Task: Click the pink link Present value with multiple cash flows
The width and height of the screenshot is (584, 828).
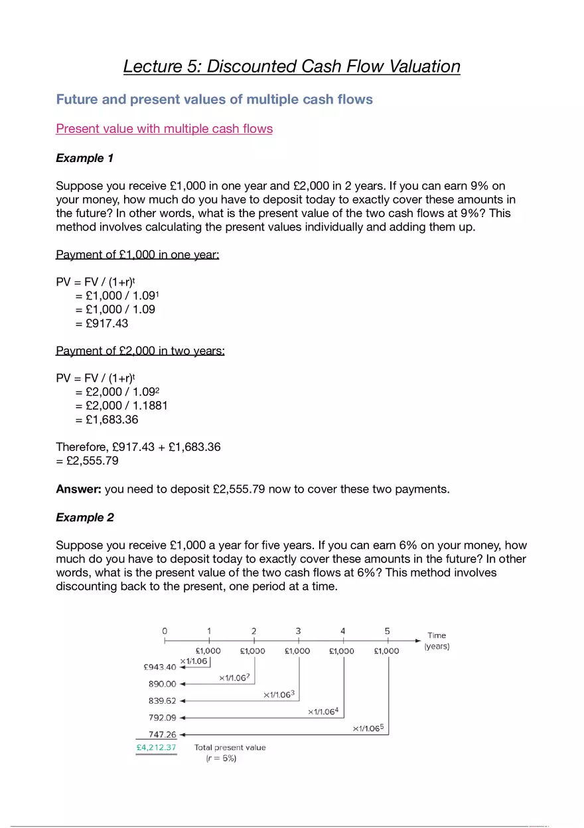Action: tap(164, 129)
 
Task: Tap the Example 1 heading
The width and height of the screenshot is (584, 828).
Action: tap(84, 158)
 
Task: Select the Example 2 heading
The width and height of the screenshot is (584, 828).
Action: tap(84, 517)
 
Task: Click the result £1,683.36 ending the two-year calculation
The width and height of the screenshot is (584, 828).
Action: tap(112, 420)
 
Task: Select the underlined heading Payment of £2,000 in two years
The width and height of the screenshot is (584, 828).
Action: tap(140, 351)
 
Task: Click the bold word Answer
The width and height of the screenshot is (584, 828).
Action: tap(78, 489)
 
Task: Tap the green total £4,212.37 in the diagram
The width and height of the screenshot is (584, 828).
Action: tap(156, 747)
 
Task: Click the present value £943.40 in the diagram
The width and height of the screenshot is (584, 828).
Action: tap(160, 667)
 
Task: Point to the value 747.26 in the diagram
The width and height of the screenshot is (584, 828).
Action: tap(162, 734)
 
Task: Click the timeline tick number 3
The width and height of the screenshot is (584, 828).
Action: tap(298, 631)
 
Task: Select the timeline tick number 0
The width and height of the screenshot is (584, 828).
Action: tap(165, 631)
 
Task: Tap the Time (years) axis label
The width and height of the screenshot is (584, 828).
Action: tap(437, 641)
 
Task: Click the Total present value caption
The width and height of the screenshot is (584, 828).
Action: tap(230, 748)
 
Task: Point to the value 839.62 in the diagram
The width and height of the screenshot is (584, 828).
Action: tap(162, 701)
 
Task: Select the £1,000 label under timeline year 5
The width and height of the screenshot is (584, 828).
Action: tap(386, 651)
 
